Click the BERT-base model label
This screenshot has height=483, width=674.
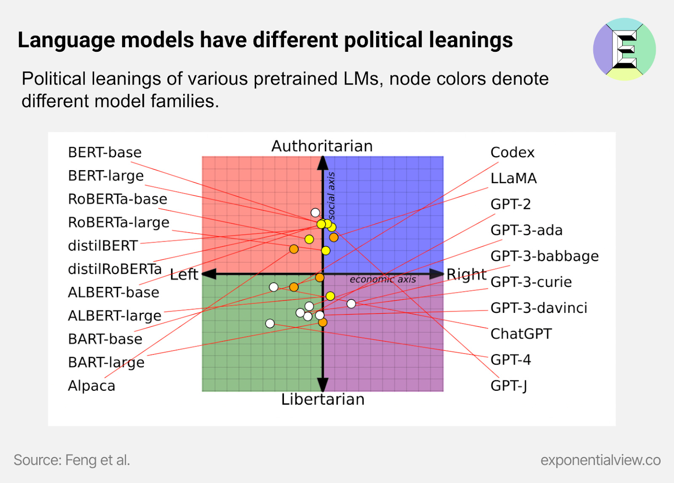[105, 152]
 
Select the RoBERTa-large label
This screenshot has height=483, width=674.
[119, 222]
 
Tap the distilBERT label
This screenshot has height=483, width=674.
[103, 246]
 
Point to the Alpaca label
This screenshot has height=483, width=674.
[91, 386]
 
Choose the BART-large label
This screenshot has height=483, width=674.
[106, 363]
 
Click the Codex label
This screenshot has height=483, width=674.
[512, 152]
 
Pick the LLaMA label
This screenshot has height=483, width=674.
[514, 179]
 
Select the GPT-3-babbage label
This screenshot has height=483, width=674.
[544, 256]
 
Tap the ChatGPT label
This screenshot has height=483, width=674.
[521, 334]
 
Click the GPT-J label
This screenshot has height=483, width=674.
[509, 386]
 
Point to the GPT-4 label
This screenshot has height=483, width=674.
[511, 360]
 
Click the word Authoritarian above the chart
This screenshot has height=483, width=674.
[322, 146]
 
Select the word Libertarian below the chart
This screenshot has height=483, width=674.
[323, 399]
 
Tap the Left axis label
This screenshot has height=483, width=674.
[184, 275]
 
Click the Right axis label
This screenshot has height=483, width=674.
[466, 274]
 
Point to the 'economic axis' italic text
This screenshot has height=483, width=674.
[382, 280]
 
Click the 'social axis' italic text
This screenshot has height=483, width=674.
[332, 196]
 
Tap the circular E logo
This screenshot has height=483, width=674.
[624, 49]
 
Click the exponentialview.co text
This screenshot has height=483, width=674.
[600, 460]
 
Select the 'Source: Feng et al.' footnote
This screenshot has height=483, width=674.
[72, 460]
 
